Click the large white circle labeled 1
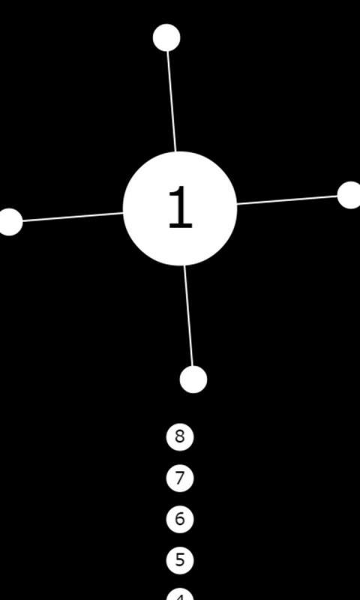[180, 208]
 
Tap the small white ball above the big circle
[166, 37]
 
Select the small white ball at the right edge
[350, 195]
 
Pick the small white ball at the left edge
[10, 222]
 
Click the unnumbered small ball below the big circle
[193, 379]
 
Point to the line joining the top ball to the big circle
[172, 101]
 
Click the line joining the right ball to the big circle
[287, 200]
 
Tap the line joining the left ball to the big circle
[73, 217]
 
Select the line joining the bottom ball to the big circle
[188, 316]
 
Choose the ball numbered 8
[180, 437]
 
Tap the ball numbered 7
[180, 478]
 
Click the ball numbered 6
[180, 519]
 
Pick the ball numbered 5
[180, 560]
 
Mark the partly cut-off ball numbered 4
[180, 595]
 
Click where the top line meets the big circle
[175, 151]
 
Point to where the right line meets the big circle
[237, 204]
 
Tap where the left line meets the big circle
[123, 213]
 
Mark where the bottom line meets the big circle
[184, 265]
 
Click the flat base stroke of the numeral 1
[181, 226]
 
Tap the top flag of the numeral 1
[174, 190]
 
